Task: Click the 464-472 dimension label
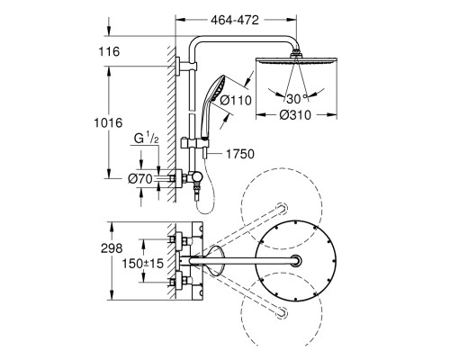coord(235,20)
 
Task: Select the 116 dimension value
coord(109,51)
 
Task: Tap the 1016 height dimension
coord(108,122)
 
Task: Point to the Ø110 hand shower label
coord(236,100)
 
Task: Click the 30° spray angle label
coord(297,98)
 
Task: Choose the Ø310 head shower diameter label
coord(295,115)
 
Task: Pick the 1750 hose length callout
coord(239,154)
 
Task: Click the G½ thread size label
coord(146,139)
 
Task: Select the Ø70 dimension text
coord(140,179)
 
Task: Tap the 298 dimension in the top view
coord(112,248)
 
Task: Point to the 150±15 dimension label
coord(142,264)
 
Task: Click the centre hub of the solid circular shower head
coord(296,260)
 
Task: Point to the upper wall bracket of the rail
coord(186,66)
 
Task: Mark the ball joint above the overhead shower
coord(296,53)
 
